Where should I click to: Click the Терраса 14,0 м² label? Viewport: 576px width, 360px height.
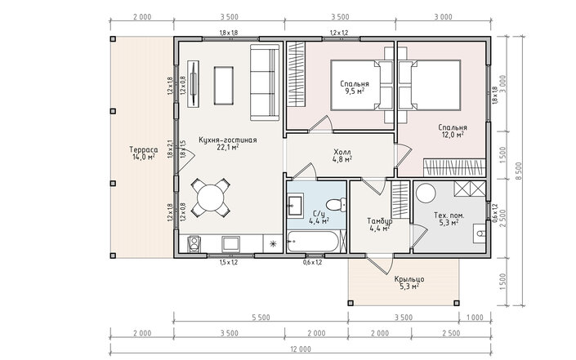coord(144,153)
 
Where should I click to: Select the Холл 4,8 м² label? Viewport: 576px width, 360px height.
coord(342,155)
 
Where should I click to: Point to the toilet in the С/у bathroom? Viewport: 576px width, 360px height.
coord(336,204)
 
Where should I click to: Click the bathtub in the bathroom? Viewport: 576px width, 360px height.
coord(313,241)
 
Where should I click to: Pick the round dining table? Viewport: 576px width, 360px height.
coord(211,198)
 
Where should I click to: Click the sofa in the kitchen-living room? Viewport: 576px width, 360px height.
coord(265,82)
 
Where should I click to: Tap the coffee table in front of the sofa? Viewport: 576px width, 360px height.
coord(224,86)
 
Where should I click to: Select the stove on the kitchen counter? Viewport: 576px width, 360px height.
coord(194,244)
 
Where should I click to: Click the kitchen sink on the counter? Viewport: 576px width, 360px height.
coord(230,244)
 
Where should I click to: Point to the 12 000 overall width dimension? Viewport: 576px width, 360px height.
coord(301,349)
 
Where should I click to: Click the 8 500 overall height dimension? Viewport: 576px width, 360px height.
coord(518,171)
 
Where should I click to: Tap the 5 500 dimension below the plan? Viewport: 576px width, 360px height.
coord(261,318)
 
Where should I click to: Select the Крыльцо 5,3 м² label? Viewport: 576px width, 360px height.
coord(409,283)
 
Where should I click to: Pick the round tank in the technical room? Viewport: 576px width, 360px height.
coord(426,193)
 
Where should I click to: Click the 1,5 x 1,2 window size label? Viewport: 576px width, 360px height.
coord(229,262)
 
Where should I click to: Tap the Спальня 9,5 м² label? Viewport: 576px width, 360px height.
coord(355,87)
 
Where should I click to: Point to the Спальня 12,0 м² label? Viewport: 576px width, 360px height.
coord(453,131)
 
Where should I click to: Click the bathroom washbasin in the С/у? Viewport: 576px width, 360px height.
coord(295,204)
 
